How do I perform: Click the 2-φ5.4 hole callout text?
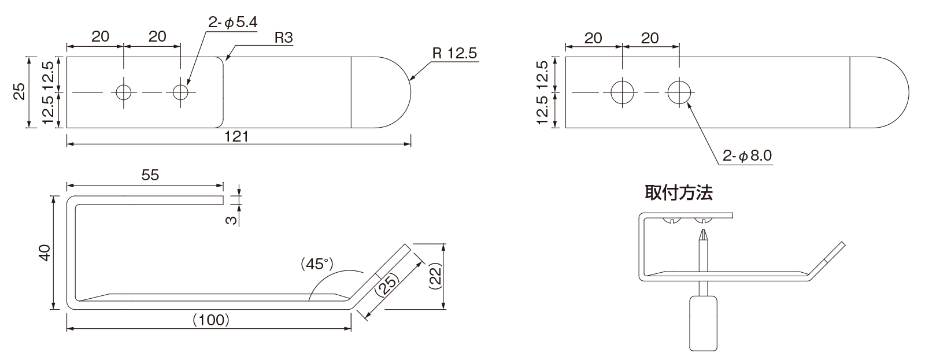(x=232, y=23)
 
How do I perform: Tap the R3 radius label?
(x=284, y=38)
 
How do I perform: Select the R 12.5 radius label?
(x=454, y=53)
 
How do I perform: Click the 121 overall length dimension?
(x=236, y=136)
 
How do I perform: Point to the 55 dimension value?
(x=150, y=175)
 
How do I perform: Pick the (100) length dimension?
(x=211, y=320)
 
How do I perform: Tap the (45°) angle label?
(x=317, y=264)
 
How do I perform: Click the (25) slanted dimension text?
(x=387, y=284)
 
